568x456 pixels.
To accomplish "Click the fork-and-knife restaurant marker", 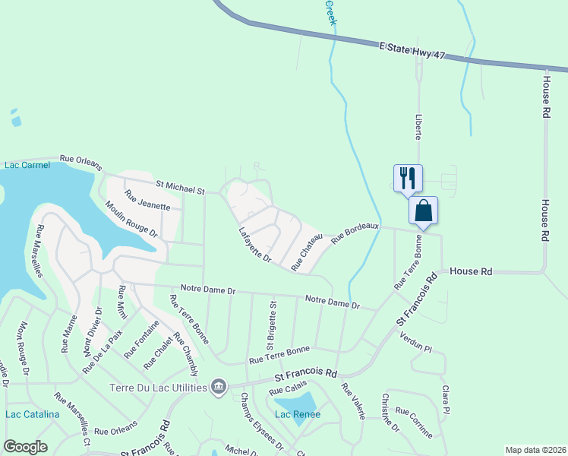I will (408, 178).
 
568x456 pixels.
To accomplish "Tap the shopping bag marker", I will (424, 211).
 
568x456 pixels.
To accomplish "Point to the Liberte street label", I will (418, 127).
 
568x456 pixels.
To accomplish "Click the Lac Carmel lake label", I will (26, 164).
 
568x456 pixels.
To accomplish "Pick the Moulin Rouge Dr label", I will (131, 219).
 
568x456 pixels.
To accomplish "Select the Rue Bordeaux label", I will (355, 233).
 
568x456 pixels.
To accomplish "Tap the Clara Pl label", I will (446, 400).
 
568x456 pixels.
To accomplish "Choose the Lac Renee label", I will (298, 414).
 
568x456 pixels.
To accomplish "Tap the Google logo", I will (25, 447).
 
